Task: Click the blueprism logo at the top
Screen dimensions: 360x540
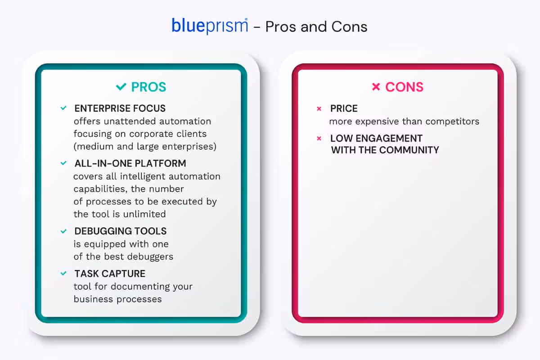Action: [x=209, y=26]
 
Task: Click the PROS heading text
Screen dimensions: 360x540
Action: [x=148, y=87]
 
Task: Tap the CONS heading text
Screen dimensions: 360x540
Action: [x=404, y=87]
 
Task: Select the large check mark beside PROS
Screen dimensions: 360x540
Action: [x=121, y=87]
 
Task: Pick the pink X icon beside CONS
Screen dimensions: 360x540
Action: [x=376, y=87]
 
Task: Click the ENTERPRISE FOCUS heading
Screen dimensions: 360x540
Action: [x=120, y=108]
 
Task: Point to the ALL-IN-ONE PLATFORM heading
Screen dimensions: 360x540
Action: [x=130, y=163]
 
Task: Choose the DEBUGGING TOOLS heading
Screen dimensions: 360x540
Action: [x=120, y=231]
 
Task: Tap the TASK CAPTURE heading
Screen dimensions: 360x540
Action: [x=110, y=274]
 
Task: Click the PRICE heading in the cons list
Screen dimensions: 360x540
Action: [x=344, y=108]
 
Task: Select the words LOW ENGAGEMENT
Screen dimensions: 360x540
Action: [x=376, y=138]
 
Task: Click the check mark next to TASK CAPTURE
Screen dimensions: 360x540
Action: [x=63, y=274]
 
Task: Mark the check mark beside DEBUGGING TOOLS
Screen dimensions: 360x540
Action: [x=63, y=231]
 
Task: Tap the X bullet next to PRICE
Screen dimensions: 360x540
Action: [x=319, y=109]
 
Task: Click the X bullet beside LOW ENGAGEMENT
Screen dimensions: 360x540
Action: [x=319, y=139]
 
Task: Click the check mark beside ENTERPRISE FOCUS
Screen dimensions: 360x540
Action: [x=63, y=108]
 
